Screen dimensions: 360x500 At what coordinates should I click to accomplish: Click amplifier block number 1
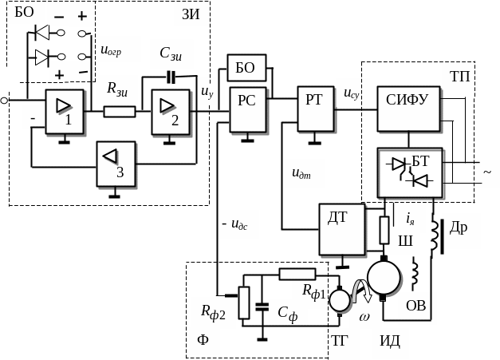65,111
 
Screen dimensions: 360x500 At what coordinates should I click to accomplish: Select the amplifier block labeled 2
171,111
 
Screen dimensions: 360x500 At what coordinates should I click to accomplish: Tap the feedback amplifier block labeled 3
116,164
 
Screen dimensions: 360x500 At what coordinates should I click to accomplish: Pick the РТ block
315,107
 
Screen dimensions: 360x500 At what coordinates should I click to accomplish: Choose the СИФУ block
407,108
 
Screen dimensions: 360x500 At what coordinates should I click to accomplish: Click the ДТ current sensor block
341,227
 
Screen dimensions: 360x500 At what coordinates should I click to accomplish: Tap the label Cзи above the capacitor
171,53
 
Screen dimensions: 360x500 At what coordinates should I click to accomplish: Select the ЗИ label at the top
191,14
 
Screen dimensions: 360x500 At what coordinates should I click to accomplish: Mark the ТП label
459,76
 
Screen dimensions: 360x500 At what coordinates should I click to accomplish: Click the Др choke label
459,227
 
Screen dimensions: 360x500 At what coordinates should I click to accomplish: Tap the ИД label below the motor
390,342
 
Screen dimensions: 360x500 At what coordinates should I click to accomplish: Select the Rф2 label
213,312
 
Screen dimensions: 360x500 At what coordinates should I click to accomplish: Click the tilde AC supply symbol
486,173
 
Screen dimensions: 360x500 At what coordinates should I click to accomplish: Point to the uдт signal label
301,172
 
